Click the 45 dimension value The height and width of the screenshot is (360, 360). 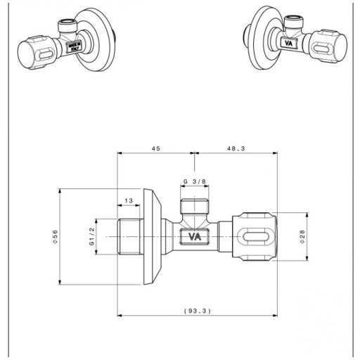156,148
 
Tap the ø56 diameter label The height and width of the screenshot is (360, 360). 55,237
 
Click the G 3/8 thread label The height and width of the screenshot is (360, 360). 194,181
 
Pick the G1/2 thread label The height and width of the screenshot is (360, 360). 91,237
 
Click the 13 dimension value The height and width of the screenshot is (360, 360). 127,201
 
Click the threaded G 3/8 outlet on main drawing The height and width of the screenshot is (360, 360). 194,208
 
